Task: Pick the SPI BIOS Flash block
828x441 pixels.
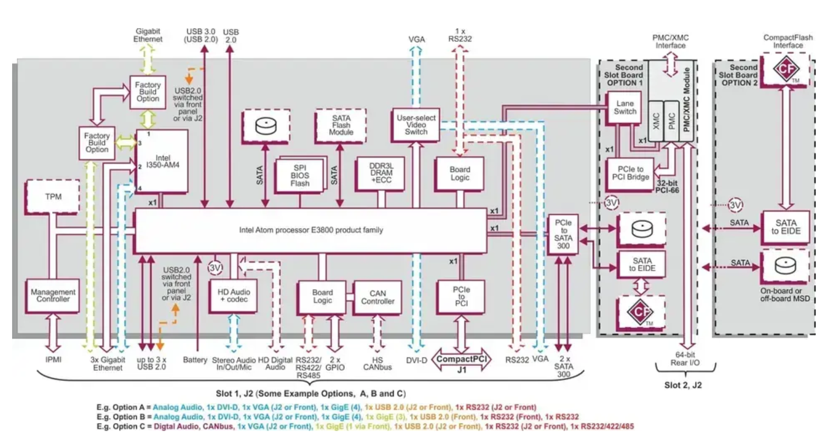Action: tap(300, 175)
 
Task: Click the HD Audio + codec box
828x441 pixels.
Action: tap(233, 297)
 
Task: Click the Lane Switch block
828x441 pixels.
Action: tap(625, 107)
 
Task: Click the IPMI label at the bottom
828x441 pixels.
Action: tap(54, 360)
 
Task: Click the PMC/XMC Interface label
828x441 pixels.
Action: tap(670, 41)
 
